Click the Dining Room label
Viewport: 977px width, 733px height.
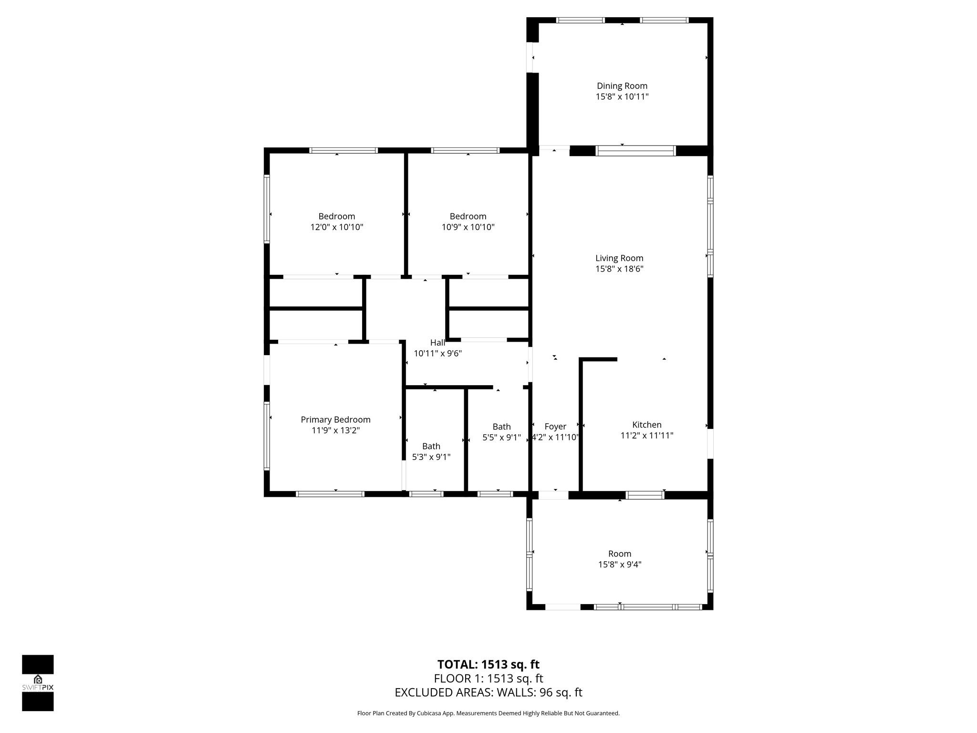coord(622,86)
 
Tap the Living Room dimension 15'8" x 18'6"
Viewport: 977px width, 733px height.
coord(619,269)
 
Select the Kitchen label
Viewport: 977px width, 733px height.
coord(647,425)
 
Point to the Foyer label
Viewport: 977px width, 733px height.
coord(555,427)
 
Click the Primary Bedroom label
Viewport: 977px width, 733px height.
coord(335,420)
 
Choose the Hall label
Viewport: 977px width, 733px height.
coord(437,343)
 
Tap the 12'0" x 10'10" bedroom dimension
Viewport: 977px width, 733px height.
coord(337,227)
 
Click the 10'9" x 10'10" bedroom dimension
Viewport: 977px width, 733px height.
coord(468,227)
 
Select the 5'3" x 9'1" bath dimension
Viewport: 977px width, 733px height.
coord(431,457)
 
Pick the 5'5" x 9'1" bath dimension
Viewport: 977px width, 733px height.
coord(502,437)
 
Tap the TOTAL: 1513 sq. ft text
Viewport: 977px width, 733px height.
coord(488,664)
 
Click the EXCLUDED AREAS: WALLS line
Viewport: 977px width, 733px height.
coord(488,692)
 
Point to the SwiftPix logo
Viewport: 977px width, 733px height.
coord(38,683)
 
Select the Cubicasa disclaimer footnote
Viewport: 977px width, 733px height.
coord(488,713)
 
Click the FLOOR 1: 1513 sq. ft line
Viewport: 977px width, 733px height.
coord(488,679)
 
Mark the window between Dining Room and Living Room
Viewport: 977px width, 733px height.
coord(636,151)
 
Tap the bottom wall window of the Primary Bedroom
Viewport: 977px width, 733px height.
coord(330,494)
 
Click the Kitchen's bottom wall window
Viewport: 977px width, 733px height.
coord(645,495)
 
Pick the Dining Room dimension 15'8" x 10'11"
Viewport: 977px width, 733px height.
coord(622,97)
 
